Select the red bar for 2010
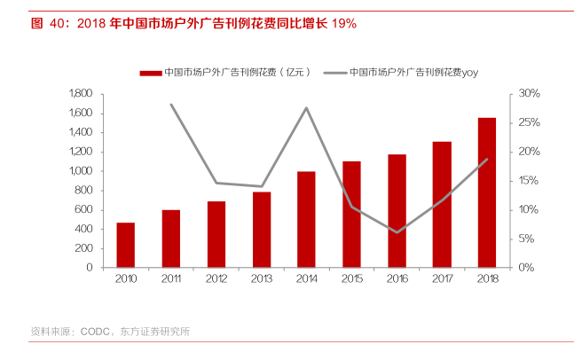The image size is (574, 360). click(x=125, y=245)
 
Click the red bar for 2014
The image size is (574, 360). click(x=306, y=219)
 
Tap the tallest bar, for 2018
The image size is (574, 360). click(x=487, y=192)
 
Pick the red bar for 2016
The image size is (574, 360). click(x=397, y=211)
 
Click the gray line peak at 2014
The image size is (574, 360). click(x=306, y=108)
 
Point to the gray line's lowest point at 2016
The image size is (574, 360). click(x=397, y=232)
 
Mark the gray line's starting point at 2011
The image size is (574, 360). click(x=170, y=105)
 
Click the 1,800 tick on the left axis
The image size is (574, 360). click(x=81, y=94)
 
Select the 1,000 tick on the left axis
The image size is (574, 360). click(x=81, y=171)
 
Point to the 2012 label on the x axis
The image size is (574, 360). click(x=216, y=281)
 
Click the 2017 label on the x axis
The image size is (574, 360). click(x=442, y=281)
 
